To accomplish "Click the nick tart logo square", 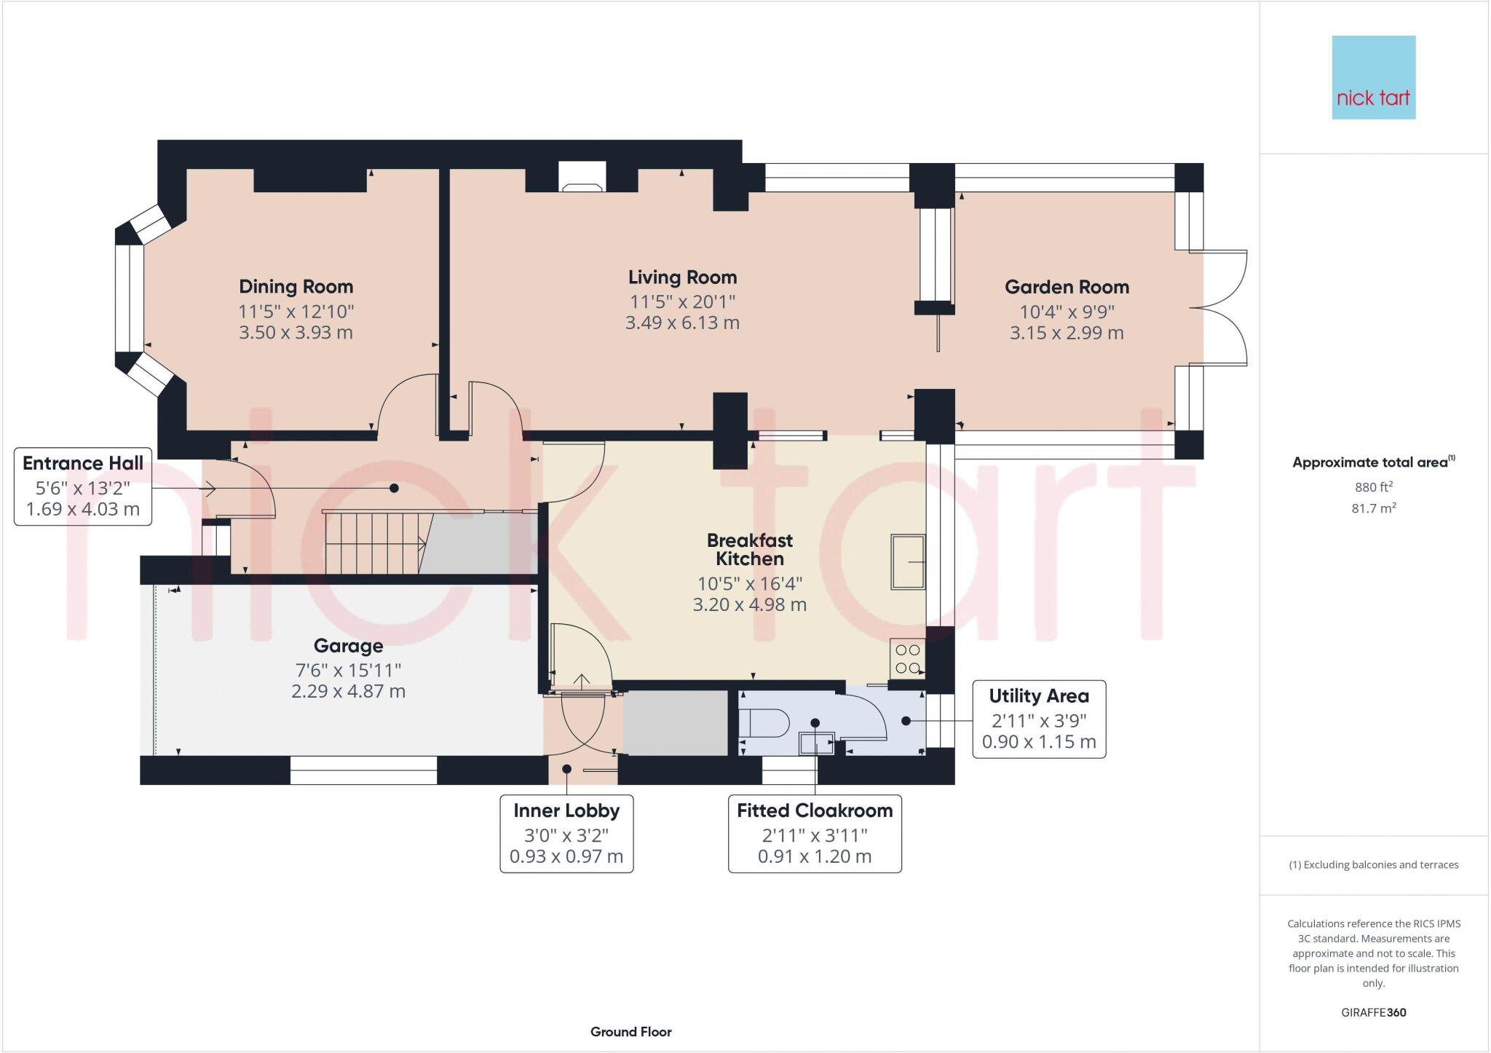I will pos(1373,77).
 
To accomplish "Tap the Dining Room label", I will pos(296,287).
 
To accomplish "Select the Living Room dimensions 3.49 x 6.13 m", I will pos(682,323).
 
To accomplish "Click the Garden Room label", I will pos(1067,287).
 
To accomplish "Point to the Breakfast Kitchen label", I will pos(749,550).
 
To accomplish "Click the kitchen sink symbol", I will pos(908,561).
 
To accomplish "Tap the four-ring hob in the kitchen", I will pos(907,658).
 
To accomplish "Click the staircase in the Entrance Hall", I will pos(373,543).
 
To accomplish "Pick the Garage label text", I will pos(348,646).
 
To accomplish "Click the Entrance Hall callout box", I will pos(83,486).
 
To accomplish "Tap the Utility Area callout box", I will pos(1039,719).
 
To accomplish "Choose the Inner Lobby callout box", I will pos(566,833).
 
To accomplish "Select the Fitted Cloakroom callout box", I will pos(815,833).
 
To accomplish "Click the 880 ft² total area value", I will pos(1373,487).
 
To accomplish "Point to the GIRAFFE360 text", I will pos(1373,1012).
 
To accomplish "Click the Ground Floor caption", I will pos(630,1031).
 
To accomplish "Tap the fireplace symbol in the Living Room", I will pos(581,178).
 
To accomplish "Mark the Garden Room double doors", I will pos(1219,307).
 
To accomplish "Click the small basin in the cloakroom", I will pos(815,744).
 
